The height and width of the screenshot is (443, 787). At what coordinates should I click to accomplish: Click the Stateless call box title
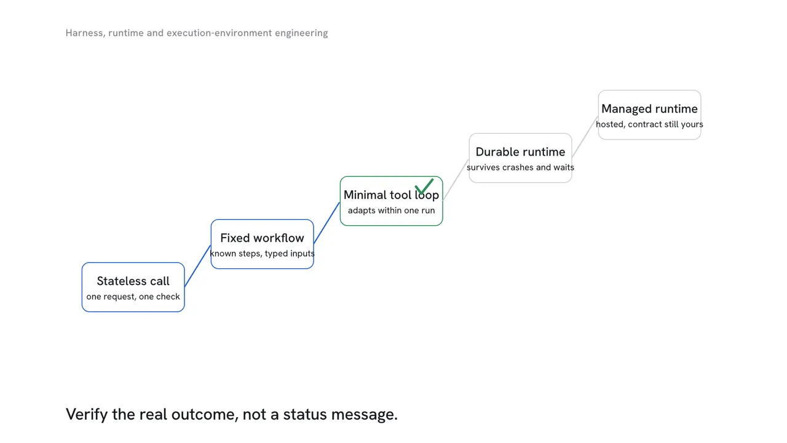coord(133,281)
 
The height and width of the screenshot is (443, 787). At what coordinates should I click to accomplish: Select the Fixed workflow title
coord(262,238)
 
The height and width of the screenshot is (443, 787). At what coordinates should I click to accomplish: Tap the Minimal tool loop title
coord(391,195)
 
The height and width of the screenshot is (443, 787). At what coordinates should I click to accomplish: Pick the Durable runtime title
coord(520,152)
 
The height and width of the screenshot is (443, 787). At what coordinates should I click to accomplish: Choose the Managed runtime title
coord(649,109)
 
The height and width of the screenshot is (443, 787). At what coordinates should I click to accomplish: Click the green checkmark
coord(424,186)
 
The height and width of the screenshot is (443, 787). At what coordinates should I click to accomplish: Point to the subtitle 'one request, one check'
coord(133,297)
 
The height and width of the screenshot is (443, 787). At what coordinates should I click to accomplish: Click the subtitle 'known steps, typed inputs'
coord(262,253)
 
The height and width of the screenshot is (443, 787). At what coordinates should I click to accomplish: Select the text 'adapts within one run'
coord(391,210)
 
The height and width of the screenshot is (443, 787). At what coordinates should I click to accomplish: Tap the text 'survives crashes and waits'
coord(520,167)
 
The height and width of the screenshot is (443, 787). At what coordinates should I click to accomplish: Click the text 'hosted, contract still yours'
coord(649,124)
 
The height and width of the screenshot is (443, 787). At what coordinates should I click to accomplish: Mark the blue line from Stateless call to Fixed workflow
coord(197,266)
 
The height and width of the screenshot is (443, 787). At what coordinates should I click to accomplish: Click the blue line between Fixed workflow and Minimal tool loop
coord(326,223)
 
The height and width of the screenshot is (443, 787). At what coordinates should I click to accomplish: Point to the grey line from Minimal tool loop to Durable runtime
coord(456,180)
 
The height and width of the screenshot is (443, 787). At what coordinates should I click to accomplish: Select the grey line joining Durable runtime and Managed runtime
coord(585,137)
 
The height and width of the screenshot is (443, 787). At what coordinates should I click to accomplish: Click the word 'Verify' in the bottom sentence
coord(87,414)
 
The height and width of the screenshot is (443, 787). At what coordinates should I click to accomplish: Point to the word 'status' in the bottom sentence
coord(305,415)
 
